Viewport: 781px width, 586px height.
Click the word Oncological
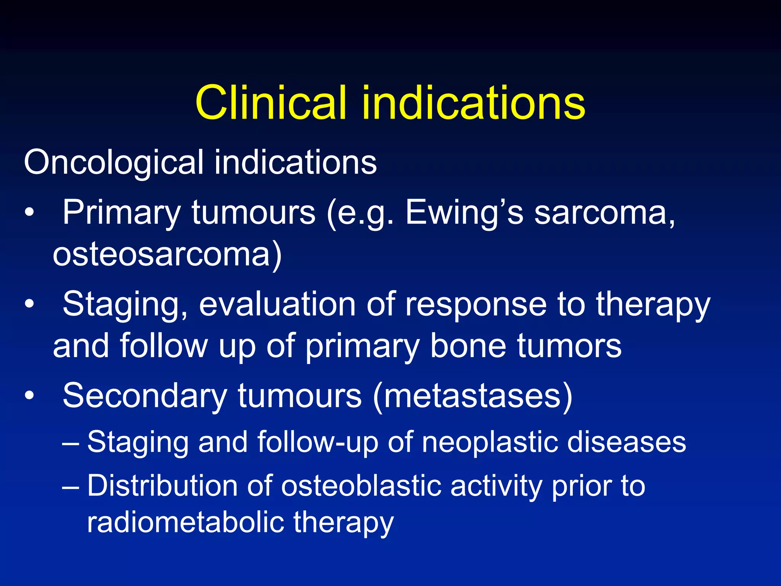click(x=113, y=163)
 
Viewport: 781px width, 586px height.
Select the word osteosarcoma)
click(x=167, y=255)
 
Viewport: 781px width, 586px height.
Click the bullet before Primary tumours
click(x=29, y=213)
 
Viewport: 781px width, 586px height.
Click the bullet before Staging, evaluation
click(x=29, y=304)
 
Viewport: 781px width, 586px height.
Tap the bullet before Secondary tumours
click(x=29, y=396)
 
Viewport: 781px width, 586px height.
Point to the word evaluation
click(x=277, y=304)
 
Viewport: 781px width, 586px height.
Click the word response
click(x=476, y=304)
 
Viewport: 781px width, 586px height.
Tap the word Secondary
click(x=145, y=396)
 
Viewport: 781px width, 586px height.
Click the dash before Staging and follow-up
click(x=71, y=443)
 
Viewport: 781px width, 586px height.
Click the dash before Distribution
click(x=71, y=486)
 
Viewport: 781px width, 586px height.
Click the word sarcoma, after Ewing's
click(x=604, y=213)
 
